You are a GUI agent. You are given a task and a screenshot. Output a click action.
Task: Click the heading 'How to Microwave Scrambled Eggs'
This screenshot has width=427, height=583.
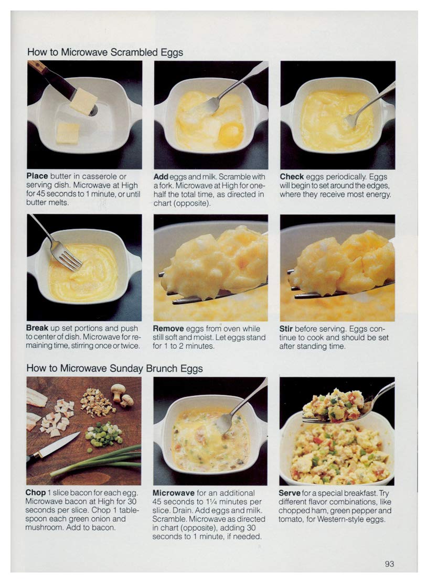(105, 52)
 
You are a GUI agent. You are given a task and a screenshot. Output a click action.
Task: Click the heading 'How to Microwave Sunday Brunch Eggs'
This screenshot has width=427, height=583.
(114, 369)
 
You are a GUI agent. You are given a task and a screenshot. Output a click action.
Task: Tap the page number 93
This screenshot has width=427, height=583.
(389, 564)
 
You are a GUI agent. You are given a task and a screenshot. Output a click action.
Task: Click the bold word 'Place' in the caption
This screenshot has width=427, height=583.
(37, 177)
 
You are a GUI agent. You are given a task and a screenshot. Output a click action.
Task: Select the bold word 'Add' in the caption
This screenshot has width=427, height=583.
(161, 177)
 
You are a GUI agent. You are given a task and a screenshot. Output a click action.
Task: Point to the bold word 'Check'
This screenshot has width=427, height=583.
(292, 177)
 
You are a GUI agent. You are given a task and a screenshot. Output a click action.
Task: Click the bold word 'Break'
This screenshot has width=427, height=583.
(37, 328)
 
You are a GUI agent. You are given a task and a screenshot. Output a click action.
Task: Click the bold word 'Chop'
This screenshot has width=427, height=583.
(36, 493)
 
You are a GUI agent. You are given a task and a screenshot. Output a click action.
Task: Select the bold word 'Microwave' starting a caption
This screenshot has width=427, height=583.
(174, 493)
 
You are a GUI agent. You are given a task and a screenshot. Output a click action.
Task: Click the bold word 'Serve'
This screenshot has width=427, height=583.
(290, 493)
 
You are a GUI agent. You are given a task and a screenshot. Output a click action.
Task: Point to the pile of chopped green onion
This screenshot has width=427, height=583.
(103, 435)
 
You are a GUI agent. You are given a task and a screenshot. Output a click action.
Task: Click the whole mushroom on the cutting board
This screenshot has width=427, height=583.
(119, 390)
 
